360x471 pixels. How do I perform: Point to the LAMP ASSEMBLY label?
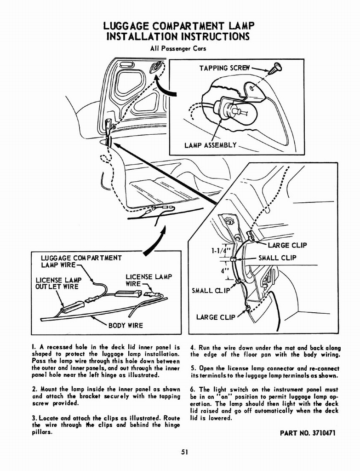tap(210, 145)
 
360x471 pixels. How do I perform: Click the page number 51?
tap(184, 452)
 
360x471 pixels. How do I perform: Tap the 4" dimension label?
tap(225, 271)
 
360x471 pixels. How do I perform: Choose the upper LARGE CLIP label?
tap(287, 245)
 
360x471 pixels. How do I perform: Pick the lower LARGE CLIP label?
tap(216, 317)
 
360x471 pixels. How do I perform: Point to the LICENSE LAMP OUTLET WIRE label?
tap(57, 283)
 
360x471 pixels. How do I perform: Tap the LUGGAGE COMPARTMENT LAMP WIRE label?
tap(81, 262)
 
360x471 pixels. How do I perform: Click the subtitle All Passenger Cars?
tap(178, 48)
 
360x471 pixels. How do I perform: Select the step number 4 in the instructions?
tap(192, 348)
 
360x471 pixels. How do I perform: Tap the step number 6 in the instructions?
tap(192, 389)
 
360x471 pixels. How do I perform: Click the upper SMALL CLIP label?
tap(277, 258)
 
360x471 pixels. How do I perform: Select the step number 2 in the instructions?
tap(34, 389)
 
